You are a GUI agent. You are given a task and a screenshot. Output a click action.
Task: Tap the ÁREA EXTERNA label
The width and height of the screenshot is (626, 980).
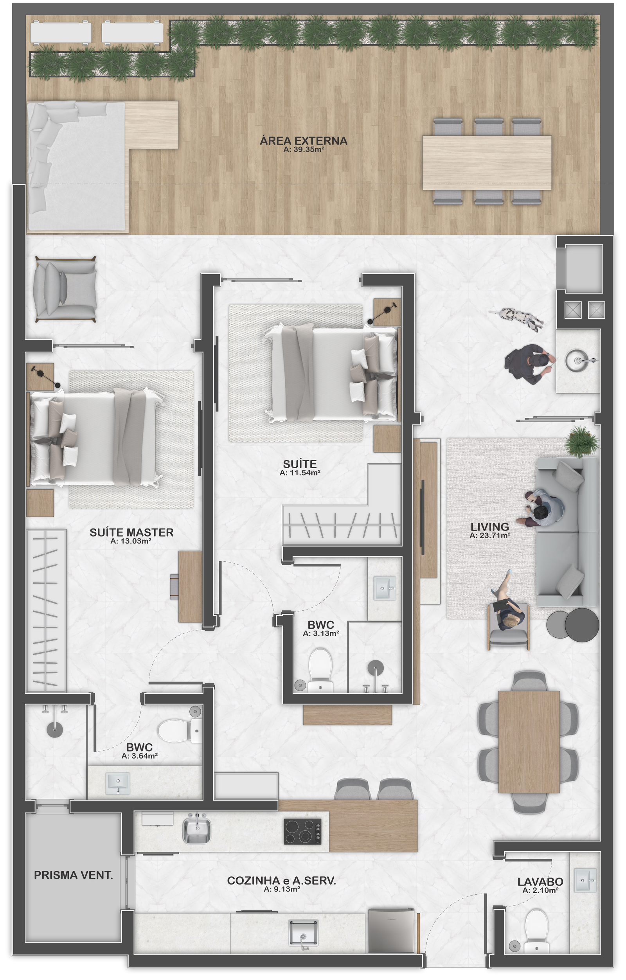click(x=304, y=141)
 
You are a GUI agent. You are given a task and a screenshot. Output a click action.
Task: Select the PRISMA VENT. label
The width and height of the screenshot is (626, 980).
click(x=73, y=875)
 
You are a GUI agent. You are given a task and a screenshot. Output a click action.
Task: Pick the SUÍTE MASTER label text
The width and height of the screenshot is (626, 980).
click(x=131, y=532)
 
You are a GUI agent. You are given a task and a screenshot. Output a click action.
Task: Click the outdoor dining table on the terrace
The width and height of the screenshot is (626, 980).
click(x=487, y=162)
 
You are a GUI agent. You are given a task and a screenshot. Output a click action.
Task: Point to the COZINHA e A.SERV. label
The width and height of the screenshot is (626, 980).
click(x=282, y=881)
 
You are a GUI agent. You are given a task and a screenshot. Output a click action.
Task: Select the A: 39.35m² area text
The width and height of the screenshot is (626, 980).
click(x=304, y=150)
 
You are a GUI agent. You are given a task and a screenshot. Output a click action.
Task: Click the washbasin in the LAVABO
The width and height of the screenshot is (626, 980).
click(x=585, y=881)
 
